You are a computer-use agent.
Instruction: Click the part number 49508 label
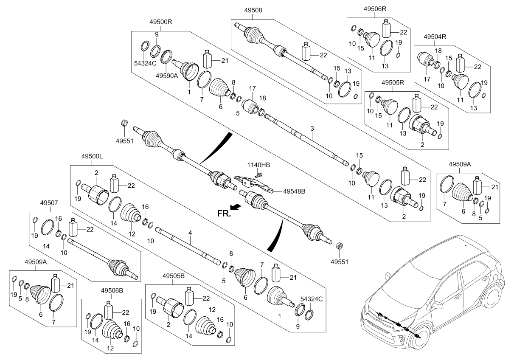[x=253, y=10]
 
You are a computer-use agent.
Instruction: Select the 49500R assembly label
[x=160, y=22]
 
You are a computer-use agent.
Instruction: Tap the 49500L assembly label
[x=92, y=157]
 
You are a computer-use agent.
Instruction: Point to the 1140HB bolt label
[x=258, y=165]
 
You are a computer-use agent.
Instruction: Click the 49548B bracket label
[x=294, y=191]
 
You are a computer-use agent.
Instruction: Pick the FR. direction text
[x=224, y=214]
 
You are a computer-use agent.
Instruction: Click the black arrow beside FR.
[x=236, y=207]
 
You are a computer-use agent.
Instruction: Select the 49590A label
[x=167, y=76]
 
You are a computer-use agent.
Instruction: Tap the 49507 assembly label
[x=49, y=203]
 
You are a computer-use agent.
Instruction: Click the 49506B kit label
[x=112, y=291]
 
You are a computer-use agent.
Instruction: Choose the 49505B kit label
[x=173, y=276]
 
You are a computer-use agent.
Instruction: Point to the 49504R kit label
[x=435, y=37]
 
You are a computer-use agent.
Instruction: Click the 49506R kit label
[x=375, y=9]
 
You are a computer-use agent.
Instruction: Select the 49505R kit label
[x=393, y=82]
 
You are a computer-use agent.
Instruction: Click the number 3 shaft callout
[x=312, y=129]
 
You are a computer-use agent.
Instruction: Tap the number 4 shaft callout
[x=190, y=233]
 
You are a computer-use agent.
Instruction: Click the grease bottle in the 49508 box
[x=306, y=51]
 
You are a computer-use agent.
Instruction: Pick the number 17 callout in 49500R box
[x=253, y=88]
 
